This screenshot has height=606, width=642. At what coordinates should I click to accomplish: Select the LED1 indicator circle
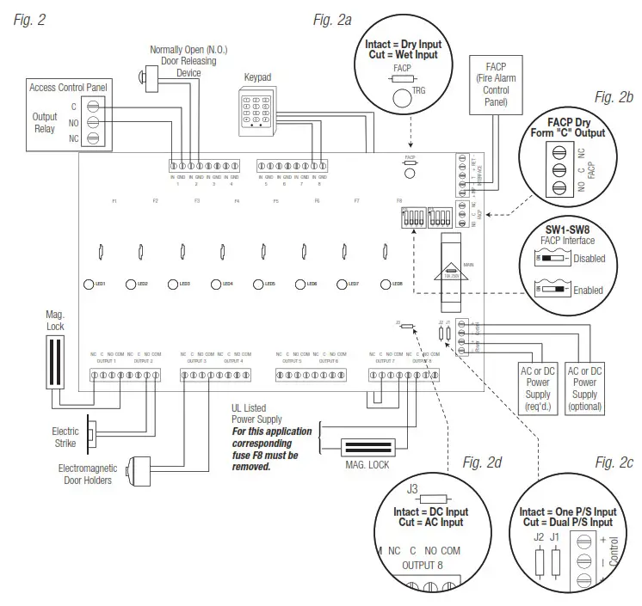tap(89, 284)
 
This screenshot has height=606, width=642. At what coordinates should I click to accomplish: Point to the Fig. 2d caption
tap(482, 463)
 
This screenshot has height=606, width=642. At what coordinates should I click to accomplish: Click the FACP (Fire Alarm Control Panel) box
tap(496, 83)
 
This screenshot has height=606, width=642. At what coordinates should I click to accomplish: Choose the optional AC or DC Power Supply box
tap(585, 388)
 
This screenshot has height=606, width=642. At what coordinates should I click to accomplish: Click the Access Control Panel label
tap(67, 88)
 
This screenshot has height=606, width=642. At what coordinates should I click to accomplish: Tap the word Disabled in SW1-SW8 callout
tap(589, 258)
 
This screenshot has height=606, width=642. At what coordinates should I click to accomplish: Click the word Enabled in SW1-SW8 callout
tap(589, 291)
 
